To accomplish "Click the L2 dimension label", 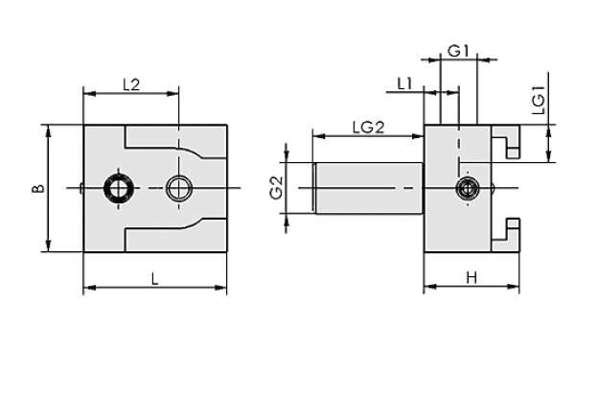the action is point(131,84).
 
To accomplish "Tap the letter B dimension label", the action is point(38,188).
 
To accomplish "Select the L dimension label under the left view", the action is point(154,279).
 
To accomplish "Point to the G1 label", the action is point(458,51).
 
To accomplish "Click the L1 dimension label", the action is point(404,83).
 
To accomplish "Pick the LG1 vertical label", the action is point(539,101).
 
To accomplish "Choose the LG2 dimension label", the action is point(368,128).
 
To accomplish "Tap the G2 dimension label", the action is point(277,188).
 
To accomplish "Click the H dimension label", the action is point(472,278).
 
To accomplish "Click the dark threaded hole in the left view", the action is point(119,188).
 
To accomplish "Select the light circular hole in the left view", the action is point(178,188).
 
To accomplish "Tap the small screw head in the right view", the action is point(468,188).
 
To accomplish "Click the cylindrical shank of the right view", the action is point(369,188).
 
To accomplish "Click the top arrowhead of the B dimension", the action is point(48,130).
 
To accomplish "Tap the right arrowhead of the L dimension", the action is point(221,288).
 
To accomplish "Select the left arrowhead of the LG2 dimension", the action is point(318,136).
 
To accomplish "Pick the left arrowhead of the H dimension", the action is point(429,286).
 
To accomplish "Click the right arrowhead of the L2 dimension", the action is point(172,93).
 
